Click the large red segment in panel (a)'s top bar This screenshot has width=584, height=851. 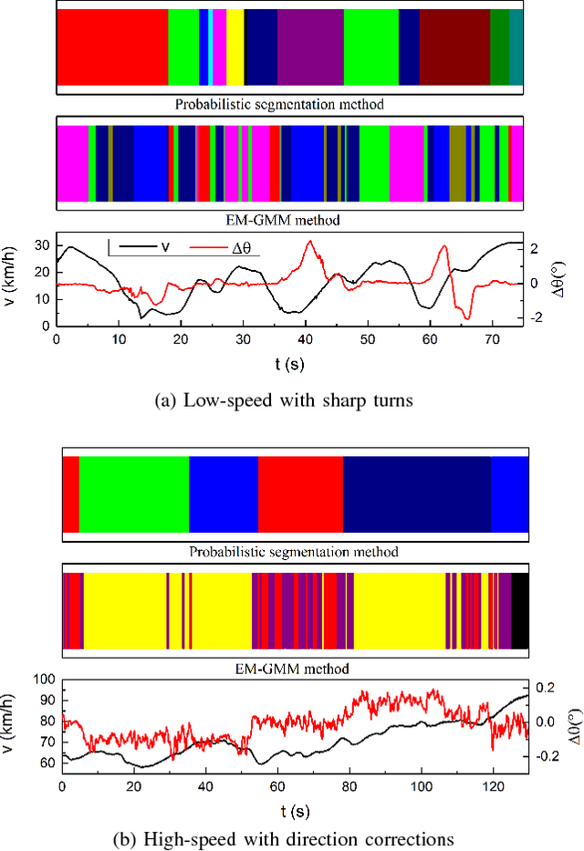click(x=112, y=47)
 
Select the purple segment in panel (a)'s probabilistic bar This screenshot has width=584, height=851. click(x=310, y=47)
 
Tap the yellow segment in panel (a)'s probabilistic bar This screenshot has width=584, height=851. click(x=235, y=47)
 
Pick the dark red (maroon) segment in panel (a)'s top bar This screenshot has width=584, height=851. click(x=454, y=47)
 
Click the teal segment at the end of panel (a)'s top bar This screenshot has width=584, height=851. click(x=516, y=47)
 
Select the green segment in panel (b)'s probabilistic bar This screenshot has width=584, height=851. click(x=134, y=493)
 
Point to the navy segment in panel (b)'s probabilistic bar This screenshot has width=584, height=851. click(x=416, y=493)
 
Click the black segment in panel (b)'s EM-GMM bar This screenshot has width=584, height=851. click(x=519, y=611)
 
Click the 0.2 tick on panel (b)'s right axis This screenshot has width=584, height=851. click(x=545, y=688)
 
